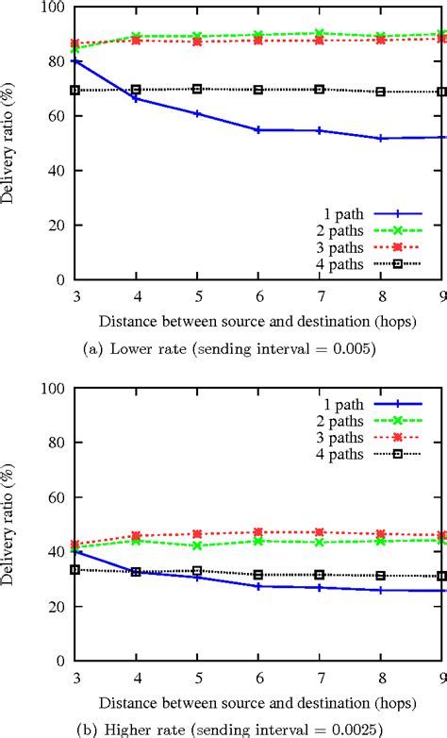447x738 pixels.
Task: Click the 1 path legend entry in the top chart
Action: coord(340,214)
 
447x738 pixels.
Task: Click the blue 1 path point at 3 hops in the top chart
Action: coord(75,60)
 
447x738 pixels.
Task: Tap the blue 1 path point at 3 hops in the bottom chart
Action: coord(75,550)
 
